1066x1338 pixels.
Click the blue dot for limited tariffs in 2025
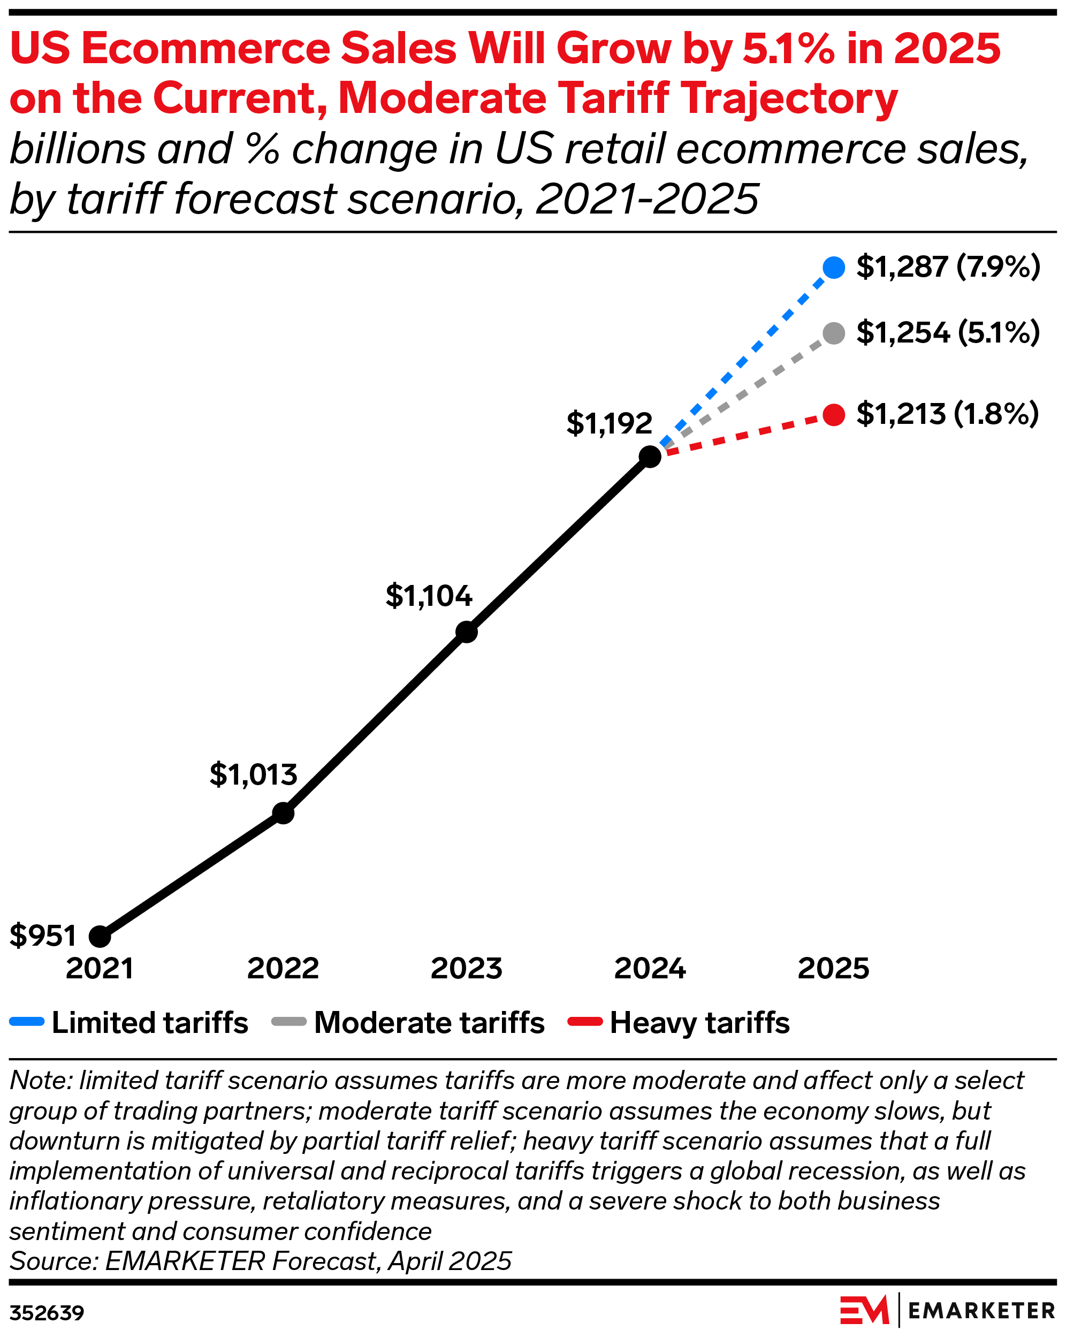tap(834, 268)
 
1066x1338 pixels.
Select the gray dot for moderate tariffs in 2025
tap(834, 333)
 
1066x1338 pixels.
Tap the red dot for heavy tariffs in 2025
tap(834, 415)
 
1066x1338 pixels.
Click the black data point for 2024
tap(650, 457)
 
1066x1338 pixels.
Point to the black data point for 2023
tap(467, 632)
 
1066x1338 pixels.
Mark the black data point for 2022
tap(283, 813)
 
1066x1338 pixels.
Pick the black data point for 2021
tap(100, 936)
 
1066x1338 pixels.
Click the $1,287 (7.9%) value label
tap(948, 267)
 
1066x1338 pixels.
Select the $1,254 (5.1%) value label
tap(948, 333)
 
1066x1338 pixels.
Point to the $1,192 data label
tap(610, 423)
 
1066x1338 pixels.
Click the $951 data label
tap(43, 935)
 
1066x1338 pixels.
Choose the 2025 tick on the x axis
tap(833, 969)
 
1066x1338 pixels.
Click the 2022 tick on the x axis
tap(283, 969)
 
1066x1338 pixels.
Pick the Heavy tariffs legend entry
tap(679, 1023)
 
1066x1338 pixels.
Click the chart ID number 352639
tap(47, 1312)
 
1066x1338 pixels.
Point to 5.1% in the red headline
tap(789, 48)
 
